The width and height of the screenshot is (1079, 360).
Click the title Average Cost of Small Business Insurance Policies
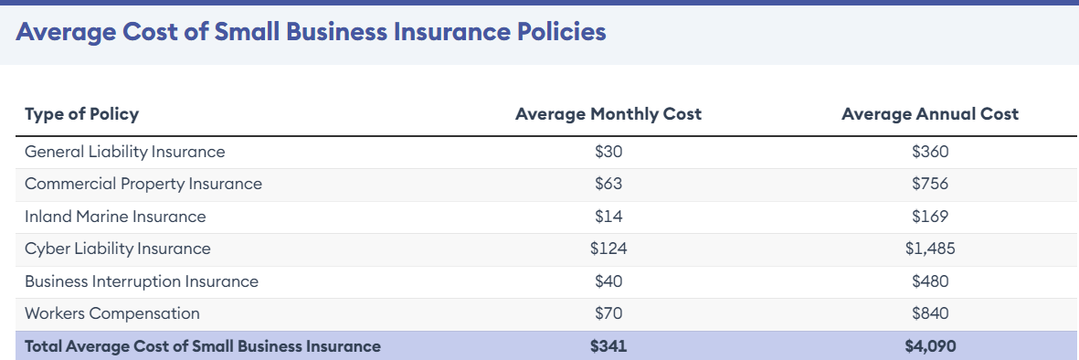click(x=311, y=32)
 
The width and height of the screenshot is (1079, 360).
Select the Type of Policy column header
click(x=81, y=114)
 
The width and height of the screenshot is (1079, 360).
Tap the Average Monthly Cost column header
click(x=608, y=114)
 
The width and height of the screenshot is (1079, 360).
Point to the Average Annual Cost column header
click(x=930, y=114)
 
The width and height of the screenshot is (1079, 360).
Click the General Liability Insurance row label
click(x=124, y=152)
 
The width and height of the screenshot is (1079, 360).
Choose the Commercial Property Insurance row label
click(x=143, y=184)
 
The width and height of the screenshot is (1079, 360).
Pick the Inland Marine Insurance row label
click(x=115, y=217)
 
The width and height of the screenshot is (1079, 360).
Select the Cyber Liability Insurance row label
click(x=118, y=249)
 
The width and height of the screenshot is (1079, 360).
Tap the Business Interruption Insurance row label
click(x=142, y=281)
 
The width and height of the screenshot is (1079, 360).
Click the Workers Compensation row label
click(x=112, y=313)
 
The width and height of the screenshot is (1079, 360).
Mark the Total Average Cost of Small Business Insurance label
click(x=203, y=346)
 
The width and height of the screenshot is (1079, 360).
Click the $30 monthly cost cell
click(x=608, y=152)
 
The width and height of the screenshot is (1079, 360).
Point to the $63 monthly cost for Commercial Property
click(x=608, y=184)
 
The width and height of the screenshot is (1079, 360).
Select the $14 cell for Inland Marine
click(x=608, y=217)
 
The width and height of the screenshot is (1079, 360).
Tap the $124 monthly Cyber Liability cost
click(x=608, y=249)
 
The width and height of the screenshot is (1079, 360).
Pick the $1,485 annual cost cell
click(x=930, y=249)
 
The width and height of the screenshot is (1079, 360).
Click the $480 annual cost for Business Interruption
click(x=930, y=281)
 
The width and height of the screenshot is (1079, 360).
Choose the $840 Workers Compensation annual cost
click(x=930, y=313)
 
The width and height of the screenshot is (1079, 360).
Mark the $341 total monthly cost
click(x=608, y=346)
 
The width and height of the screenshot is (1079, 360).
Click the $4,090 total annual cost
click(x=930, y=346)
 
